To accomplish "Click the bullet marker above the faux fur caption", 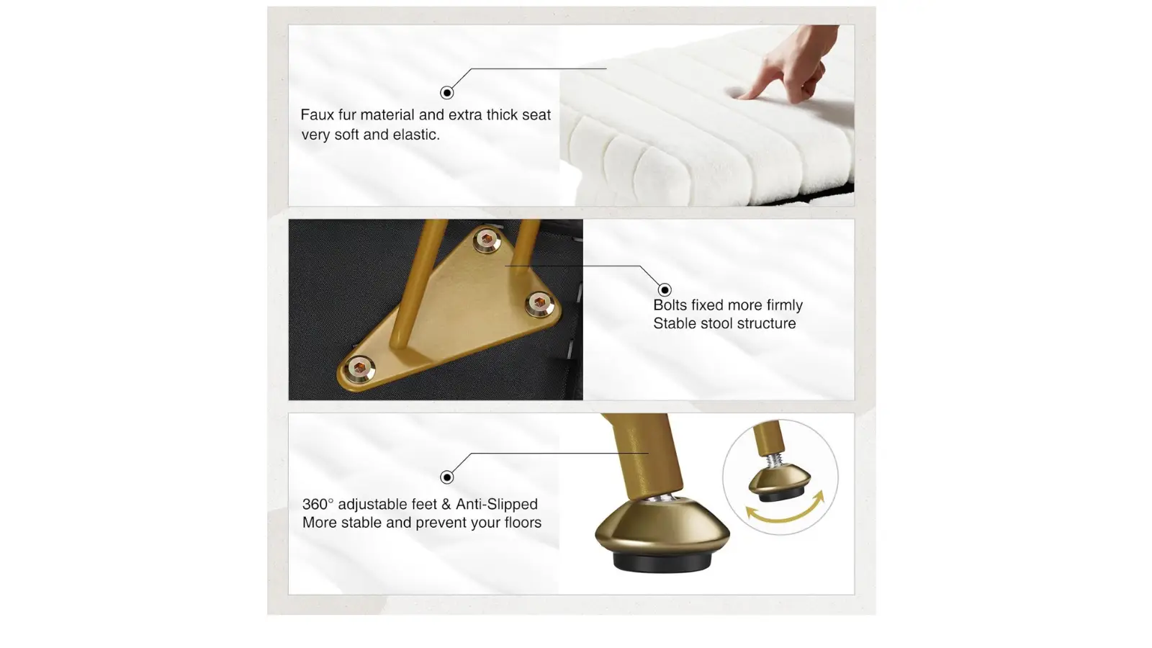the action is coord(447,93).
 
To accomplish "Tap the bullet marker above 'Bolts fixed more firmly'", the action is coord(665,289).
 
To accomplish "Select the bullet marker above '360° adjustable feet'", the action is coord(447,477).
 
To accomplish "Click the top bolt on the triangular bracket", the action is coord(487,240).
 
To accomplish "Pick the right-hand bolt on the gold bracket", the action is coord(539,303).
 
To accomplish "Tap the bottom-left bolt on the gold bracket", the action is coord(359,368).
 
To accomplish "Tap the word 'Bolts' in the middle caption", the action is coord(670,305).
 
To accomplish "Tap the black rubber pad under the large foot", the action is coord(662,561).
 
